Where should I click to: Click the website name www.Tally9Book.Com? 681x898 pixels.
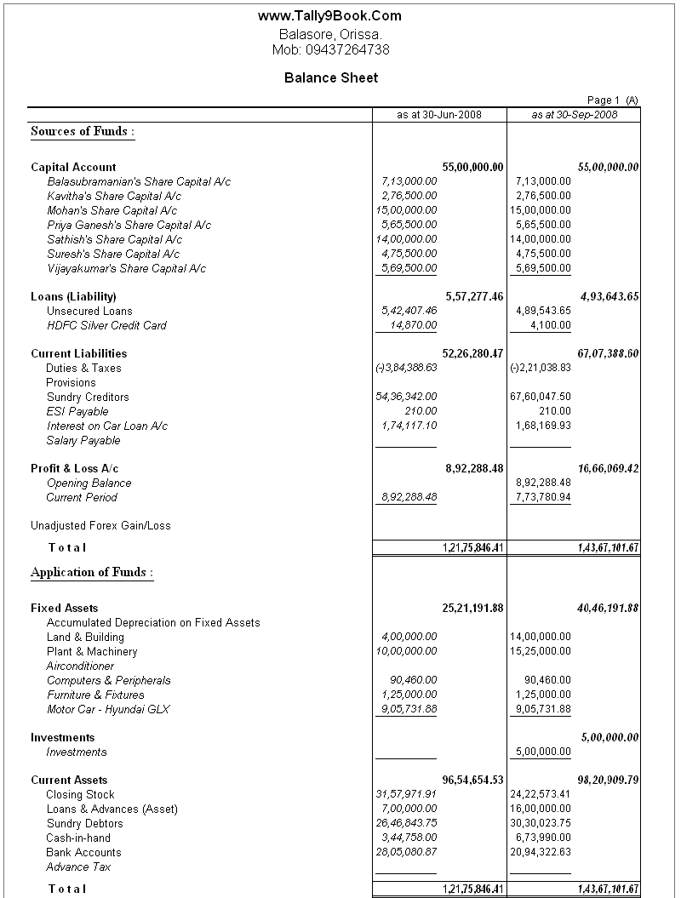click(329, 16)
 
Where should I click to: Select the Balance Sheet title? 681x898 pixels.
click(331, 77)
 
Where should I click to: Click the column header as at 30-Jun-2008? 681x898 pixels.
click(439, 115)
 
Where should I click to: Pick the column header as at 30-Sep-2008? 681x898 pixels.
click(574, 115)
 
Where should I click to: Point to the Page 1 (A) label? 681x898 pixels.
click(612, 100)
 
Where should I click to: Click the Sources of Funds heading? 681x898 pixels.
click(83, 132)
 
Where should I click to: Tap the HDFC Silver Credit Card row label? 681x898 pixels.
click(106, 326)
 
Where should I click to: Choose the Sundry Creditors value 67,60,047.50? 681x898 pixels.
click(541, 398)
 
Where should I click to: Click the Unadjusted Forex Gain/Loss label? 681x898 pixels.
click(100, 526)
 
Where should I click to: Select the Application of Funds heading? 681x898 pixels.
click(92, 573)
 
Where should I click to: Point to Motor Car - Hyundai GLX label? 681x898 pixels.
click(108, 710)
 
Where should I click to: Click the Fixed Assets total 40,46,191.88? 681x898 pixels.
click(609, 609)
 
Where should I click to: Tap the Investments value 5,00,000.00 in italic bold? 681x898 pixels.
click(609, 738)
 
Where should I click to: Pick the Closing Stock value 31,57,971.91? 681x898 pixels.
click(406, 795)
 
